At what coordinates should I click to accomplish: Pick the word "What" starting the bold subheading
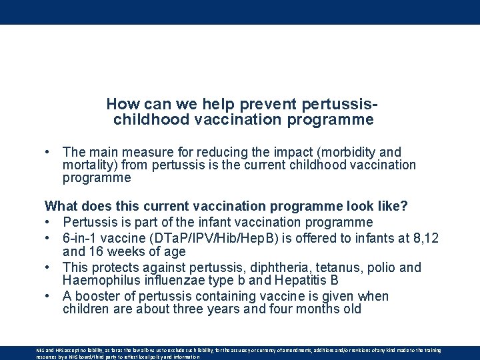61,206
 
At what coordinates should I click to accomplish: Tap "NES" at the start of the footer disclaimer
41,350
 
